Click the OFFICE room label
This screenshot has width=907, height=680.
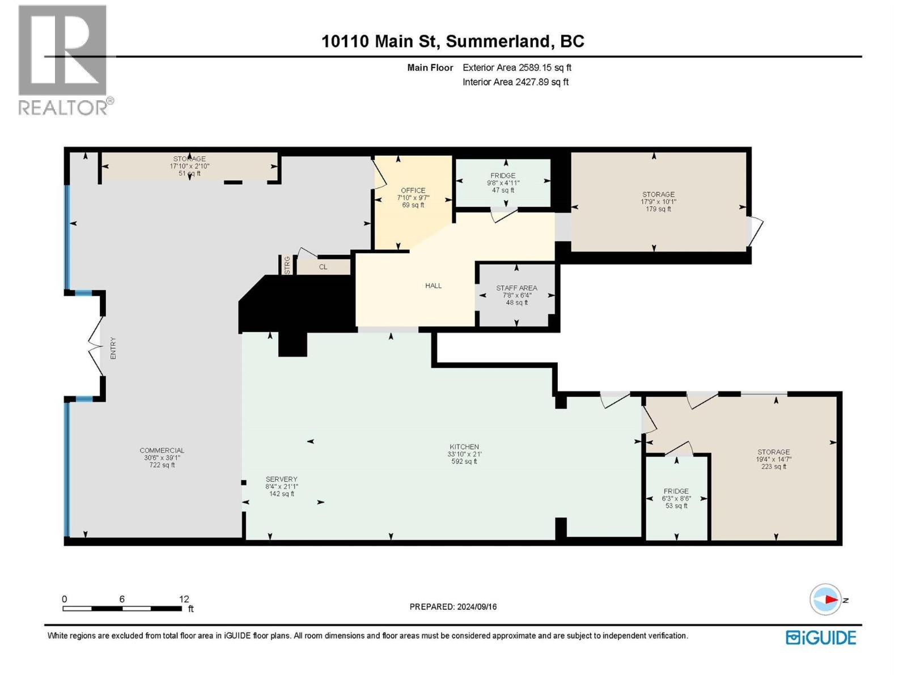(413, 190)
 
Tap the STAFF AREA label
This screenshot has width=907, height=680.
(516, 288)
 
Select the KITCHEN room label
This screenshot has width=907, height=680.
(464, 447)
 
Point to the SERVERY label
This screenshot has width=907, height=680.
(281, 479)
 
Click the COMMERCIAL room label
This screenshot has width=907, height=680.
(162, 450)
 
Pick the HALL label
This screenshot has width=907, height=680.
(433, 285)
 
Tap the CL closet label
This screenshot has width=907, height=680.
(323, 267)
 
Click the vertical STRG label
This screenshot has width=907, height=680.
(287, 265)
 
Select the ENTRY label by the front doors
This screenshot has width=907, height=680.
(113, 348)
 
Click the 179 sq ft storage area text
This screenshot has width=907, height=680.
(658, 209)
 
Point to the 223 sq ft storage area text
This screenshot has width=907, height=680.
(774, 466)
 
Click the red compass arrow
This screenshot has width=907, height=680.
(832, 600)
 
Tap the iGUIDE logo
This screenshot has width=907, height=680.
(821, 637)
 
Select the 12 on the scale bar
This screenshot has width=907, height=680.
(184, 598)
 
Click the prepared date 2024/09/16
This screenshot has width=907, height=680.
(476, 606)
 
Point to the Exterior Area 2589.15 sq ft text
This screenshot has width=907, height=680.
(517, 67)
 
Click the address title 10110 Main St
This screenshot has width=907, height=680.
(380, 41)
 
